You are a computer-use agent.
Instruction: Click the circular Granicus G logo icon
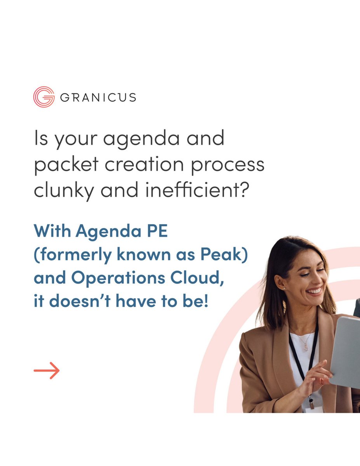click(x=43, y=97)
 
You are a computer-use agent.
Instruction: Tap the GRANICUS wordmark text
click(x=98, y=97)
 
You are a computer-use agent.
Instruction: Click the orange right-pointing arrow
click(x=47, y=370)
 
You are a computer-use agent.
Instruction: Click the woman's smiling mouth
click(x=314, y=291)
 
